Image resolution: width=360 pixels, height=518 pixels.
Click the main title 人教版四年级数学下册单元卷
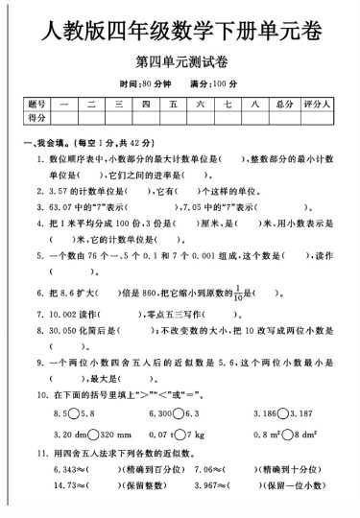180,34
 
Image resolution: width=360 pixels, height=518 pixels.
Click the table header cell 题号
37,102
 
